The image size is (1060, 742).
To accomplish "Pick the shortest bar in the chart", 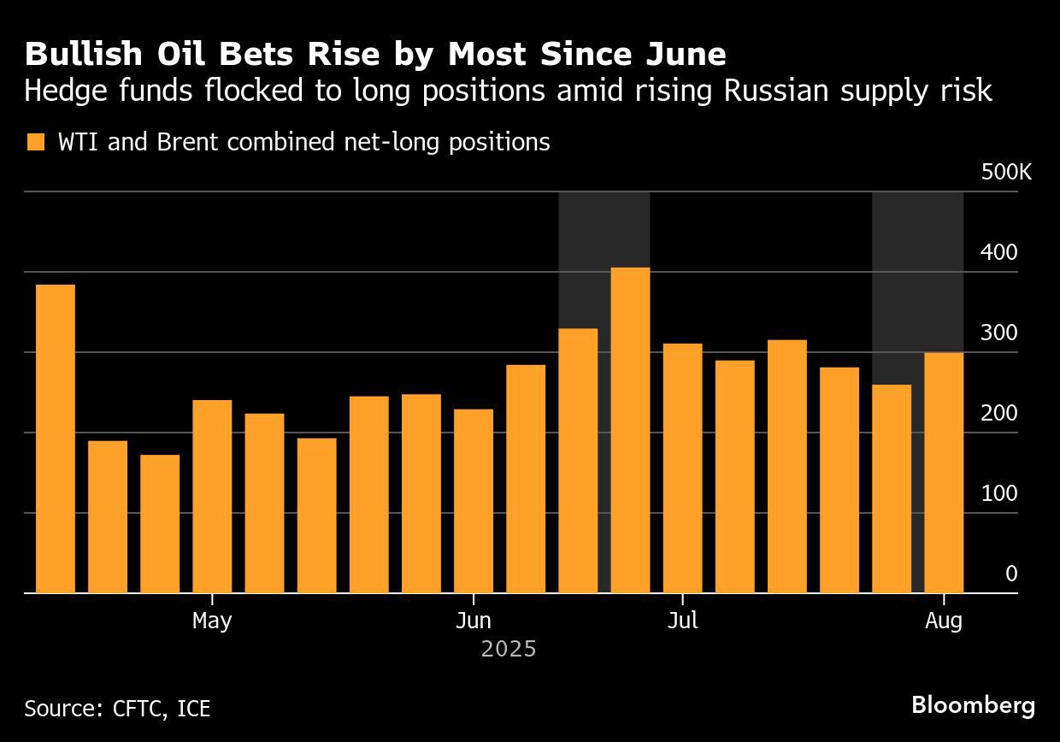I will [160, 523].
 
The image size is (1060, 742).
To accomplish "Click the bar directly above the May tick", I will [212, 496].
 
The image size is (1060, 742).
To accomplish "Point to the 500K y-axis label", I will [1006, 173].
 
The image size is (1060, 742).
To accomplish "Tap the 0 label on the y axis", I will [1011, 574].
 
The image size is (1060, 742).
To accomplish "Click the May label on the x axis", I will [212, 621].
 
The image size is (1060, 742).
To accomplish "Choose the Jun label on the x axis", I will [473, 621].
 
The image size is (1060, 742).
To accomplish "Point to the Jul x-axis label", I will [682, 621].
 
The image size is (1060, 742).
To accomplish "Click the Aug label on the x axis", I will [944, 621].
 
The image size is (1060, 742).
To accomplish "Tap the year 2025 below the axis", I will [509, 650].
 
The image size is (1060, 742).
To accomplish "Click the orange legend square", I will [35, 142].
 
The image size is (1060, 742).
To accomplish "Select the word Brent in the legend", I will [189, 142].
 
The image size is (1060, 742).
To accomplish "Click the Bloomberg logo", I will [973, 705].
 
